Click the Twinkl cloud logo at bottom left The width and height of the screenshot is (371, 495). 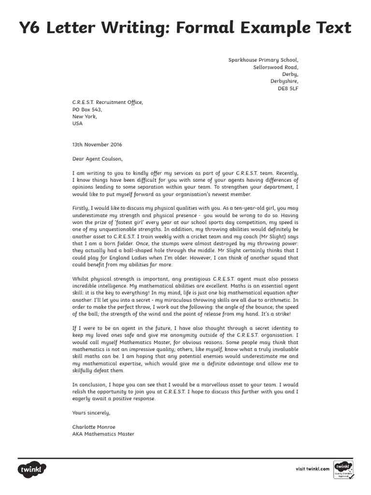[32, 469]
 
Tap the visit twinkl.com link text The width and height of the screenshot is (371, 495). [312, 469]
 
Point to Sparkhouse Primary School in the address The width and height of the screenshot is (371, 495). [267, 60]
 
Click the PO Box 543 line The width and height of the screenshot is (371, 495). [87, 109]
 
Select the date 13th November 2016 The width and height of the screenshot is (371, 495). [97, 145]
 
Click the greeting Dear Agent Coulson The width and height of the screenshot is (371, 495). [98, 159]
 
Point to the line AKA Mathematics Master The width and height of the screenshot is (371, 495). [103, 434]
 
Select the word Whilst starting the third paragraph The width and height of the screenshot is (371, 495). [81, 279]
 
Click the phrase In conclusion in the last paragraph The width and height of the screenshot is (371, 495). [89, 385]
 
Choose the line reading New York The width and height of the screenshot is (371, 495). [85, 116]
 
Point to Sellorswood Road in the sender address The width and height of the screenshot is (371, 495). [276, 67]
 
